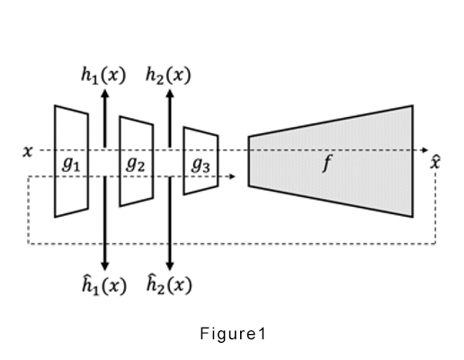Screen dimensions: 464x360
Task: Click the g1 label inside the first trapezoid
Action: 71,165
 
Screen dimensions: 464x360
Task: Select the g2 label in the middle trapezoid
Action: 136,165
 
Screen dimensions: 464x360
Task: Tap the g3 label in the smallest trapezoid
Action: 201,165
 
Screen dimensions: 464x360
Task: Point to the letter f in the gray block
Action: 327,163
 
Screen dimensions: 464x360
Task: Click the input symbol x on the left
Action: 27,151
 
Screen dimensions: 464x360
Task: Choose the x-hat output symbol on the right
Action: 435,162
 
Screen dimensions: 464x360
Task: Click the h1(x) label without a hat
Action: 103,75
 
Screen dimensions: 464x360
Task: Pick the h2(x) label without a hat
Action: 168,75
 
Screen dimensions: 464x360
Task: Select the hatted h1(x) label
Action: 104,285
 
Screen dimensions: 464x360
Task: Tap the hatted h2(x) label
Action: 169,284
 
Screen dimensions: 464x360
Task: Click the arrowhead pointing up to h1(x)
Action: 104,94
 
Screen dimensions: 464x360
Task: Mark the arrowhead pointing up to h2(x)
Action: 170,94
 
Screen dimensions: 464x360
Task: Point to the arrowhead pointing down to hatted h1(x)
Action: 104,266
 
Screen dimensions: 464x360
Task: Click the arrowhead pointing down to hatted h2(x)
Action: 170,266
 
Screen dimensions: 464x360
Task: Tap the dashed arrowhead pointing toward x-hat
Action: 425,150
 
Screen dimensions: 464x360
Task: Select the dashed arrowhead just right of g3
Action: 232,176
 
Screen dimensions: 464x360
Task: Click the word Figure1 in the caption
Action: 233,334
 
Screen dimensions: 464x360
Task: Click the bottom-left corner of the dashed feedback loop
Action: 28,244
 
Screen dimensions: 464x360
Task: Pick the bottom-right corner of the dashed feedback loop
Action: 435,244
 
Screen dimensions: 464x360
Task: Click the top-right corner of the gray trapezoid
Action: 413,105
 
